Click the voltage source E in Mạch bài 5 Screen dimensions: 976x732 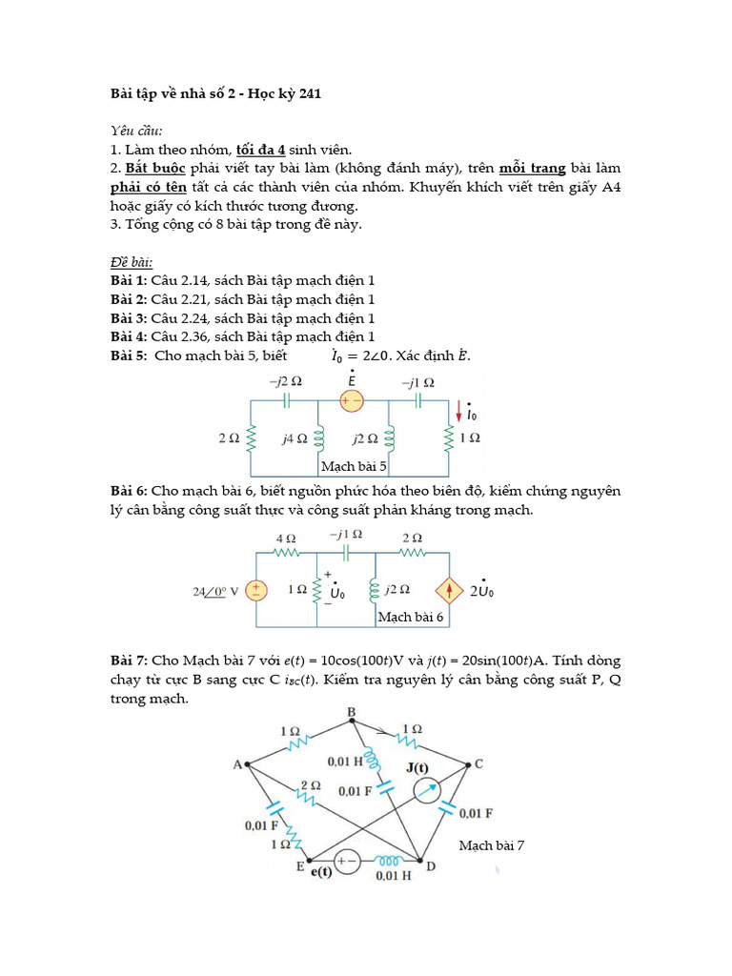click(352, 400)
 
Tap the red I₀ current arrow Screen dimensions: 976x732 click(459, 412)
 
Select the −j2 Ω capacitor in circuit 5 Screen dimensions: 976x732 click(286, 400)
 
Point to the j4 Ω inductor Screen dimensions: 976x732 click(318, 438)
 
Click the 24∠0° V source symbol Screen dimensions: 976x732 click(254, 591)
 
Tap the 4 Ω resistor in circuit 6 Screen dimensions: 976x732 click(286, 552)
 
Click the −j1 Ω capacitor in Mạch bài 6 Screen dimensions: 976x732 click(346, 552)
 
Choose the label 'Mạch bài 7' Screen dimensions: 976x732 click(492, 844)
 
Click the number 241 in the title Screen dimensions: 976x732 click(310, 94)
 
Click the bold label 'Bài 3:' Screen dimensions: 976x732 click(129, 318)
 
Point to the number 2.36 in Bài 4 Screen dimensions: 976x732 click(190, 336)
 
